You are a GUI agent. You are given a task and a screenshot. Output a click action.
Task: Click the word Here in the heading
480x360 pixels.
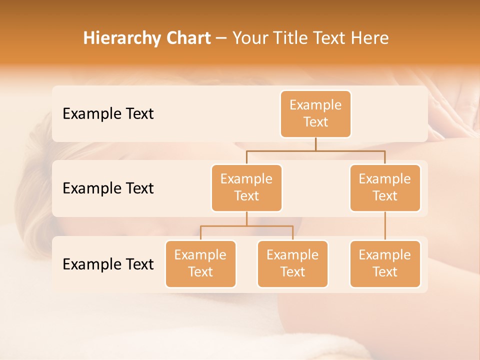[370, 38]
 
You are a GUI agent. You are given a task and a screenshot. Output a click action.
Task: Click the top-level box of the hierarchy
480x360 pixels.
[315, 114]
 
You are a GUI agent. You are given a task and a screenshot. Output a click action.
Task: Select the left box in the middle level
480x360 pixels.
[246, 188]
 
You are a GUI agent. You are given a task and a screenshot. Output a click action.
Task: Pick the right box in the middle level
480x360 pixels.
[385, 188]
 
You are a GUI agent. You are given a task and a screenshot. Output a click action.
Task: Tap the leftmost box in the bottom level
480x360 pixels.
[200, 264]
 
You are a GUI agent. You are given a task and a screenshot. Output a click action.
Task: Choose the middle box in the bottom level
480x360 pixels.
[292, 264]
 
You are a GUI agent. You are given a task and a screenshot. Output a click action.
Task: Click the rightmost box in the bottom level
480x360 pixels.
[385, 264]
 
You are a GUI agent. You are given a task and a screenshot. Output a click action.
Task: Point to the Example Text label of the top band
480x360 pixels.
[108, 114]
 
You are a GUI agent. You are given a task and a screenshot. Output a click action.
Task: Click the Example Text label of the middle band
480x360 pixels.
[108, 188]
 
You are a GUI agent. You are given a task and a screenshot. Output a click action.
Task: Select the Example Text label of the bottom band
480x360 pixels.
[108, 264]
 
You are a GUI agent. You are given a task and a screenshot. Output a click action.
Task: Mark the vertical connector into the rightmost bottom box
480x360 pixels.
[385, 226]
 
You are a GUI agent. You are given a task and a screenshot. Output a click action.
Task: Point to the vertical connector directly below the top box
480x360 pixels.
[315, 144]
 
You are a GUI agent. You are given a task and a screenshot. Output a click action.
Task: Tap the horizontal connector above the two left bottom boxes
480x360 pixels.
[246, 226]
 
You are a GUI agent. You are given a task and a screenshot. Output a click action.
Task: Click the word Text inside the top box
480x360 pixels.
[315, 122]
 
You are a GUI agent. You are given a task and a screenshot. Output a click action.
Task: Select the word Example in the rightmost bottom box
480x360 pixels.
[384, 255]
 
